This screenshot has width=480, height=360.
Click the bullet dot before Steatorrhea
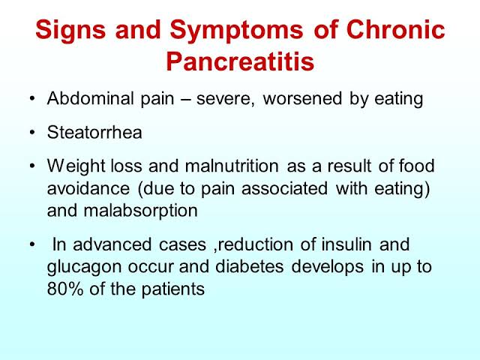(x=31, y=133)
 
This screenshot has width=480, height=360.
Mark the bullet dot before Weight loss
(x=31, y=166)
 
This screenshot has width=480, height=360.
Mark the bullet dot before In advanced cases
(x=31, y=244)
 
